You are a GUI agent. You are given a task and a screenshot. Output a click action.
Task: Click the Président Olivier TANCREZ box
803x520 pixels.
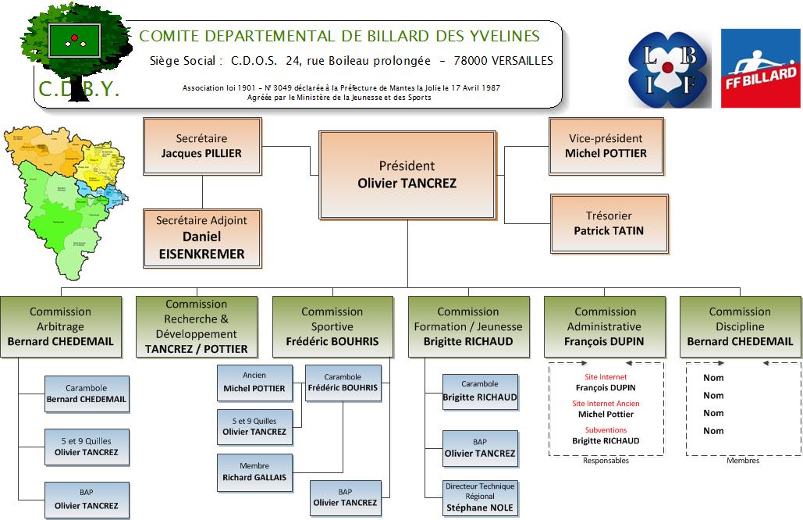[x=407, y=174]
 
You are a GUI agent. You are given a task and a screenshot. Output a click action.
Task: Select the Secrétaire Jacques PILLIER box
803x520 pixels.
[x=201, y=145]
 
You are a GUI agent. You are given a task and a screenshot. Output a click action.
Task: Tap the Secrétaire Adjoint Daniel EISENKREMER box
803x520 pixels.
[x=201, y=237]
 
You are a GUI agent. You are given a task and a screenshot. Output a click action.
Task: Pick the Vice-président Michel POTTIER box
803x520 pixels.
[x=606, y=145]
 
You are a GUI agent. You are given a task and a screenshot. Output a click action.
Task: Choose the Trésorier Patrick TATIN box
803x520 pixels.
[x=609, y=223]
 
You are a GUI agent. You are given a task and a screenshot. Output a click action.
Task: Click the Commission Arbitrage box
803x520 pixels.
[x=61, y=326]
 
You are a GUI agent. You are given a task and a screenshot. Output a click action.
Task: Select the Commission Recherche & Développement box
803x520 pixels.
[x=196, y=326]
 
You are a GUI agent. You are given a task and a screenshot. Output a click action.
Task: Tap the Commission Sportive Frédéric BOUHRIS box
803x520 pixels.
[x=332, y=326]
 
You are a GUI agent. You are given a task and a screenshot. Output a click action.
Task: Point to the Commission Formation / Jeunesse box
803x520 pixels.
[x=468, y=326]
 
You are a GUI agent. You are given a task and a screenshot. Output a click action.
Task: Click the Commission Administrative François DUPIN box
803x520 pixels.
[x=606, y=326]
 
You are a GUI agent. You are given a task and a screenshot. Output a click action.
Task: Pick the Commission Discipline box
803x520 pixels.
[x=740, y=326]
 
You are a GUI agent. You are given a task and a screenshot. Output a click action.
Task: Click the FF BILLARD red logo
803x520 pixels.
[x=759, y=68]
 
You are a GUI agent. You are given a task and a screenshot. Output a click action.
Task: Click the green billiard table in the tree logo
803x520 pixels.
[x=74, y=40]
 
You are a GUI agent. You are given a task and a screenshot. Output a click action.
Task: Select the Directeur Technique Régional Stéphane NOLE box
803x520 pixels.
[x=480, y=497]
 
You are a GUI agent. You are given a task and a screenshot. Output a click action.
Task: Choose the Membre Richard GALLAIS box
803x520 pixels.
[x=254, y=472]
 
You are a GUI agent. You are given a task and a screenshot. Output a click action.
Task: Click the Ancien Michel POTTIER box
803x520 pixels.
[x=254, y=382]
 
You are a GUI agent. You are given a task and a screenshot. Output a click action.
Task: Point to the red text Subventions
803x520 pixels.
[x=606, y=429]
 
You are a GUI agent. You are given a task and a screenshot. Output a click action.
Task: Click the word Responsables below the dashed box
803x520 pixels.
[x=606, y=461]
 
